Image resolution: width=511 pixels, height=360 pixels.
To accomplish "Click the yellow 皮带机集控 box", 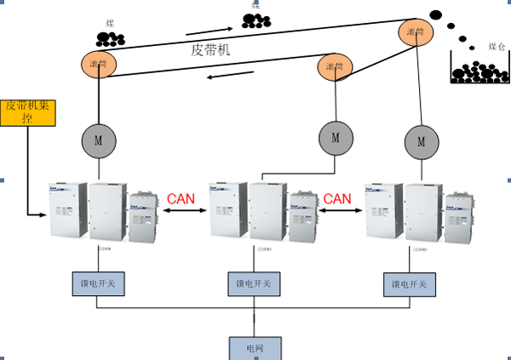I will tap(27, 111).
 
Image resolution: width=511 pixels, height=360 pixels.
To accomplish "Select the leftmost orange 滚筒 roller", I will tap(99, 62).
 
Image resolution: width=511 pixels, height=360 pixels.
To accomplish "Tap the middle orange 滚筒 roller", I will tap(336, 66).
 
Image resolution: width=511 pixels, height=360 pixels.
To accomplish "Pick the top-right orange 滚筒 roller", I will tap(416, 32).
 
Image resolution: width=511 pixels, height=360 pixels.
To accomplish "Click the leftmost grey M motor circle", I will tap(99, 137).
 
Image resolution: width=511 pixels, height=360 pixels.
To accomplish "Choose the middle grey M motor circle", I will tap(336, 135).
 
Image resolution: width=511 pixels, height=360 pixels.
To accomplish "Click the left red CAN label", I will tap(181, 199).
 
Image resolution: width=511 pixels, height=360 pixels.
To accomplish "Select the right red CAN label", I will tap(336, 199).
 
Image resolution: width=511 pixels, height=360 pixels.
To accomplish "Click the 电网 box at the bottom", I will tap(255, 348).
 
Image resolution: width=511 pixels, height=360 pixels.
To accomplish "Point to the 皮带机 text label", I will tap(211, 50).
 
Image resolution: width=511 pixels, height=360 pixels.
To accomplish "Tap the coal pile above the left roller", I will tap(111, 37).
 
